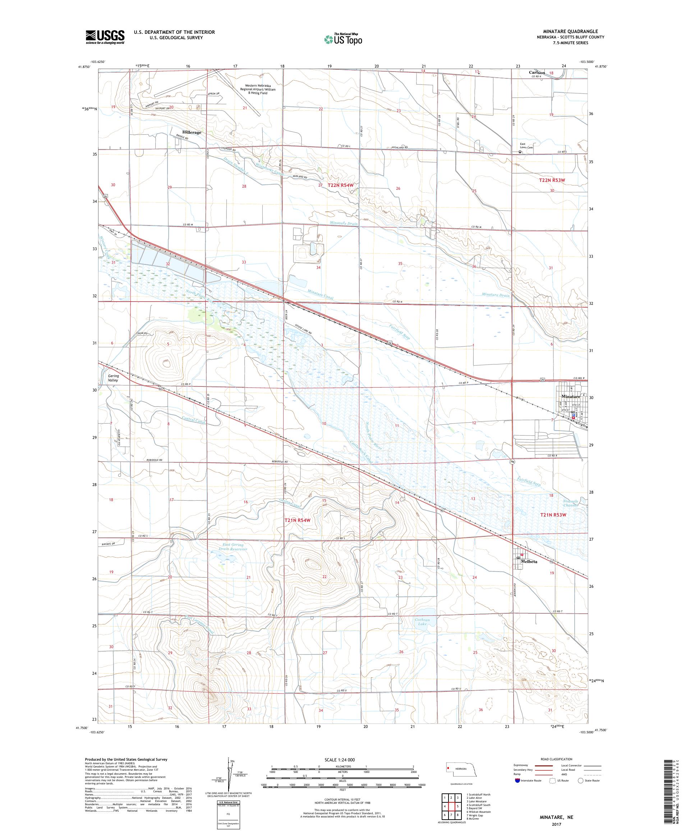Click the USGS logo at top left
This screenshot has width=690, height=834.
point(105,37)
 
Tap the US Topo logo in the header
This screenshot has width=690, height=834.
point(344,39)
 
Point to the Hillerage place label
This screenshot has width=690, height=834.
point(192,132)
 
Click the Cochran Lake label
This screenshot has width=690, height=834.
point(422,622)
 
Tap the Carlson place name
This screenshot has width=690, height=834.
point(537,73)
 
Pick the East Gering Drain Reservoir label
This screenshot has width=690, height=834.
point(233,547)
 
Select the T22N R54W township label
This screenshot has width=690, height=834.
point(341,185)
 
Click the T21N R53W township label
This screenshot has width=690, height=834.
point(552,515)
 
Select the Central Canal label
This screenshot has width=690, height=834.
point(194,420)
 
